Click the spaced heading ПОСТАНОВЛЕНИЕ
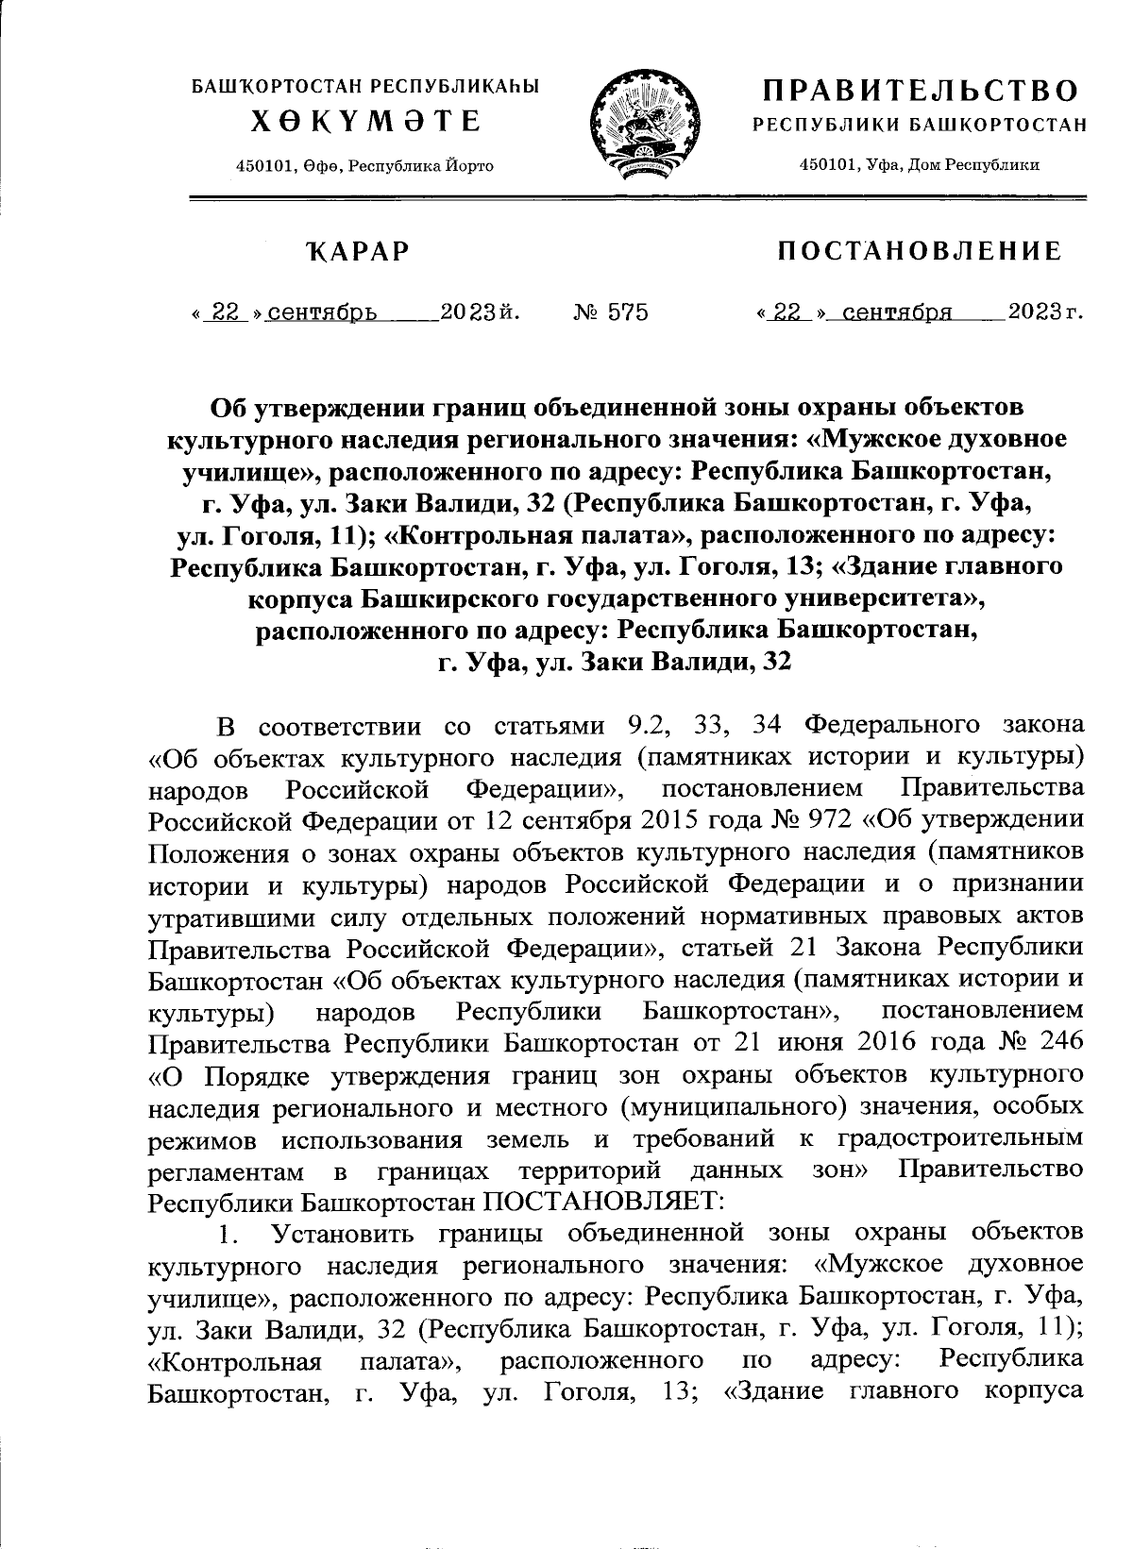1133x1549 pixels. point(919,252)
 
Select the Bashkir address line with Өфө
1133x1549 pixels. point(364,166)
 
